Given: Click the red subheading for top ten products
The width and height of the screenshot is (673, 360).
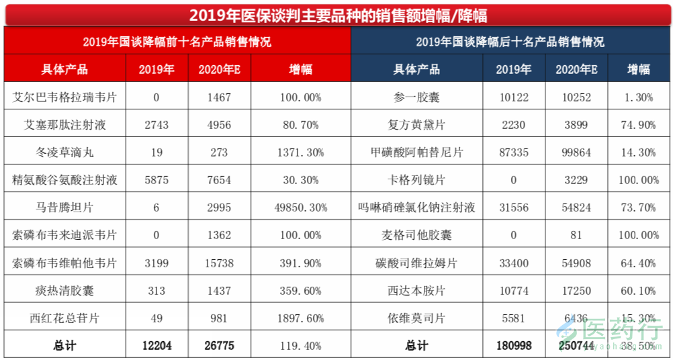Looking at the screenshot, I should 177,42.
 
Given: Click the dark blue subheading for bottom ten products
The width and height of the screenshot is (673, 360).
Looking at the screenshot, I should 510,42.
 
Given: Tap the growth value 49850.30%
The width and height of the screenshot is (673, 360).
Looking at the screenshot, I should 300,208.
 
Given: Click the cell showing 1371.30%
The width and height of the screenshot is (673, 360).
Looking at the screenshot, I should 300,152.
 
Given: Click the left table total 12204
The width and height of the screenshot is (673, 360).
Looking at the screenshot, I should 156,345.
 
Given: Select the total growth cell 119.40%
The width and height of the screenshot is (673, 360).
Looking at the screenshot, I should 300,345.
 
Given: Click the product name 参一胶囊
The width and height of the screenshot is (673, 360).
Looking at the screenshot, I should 416,97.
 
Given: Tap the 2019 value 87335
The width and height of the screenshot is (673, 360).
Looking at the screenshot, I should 514,152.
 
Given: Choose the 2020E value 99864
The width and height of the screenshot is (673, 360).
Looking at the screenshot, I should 576,152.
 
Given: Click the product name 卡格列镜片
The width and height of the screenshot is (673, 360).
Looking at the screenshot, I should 416,180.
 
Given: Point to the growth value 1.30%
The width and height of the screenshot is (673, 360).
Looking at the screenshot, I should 638,97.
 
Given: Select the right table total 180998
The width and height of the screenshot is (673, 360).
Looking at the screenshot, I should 514,345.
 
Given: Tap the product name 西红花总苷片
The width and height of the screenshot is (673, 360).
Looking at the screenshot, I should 64,318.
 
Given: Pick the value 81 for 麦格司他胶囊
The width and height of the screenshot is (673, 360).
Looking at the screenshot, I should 576,235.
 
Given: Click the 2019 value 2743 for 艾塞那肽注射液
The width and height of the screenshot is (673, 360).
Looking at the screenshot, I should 156,125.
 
